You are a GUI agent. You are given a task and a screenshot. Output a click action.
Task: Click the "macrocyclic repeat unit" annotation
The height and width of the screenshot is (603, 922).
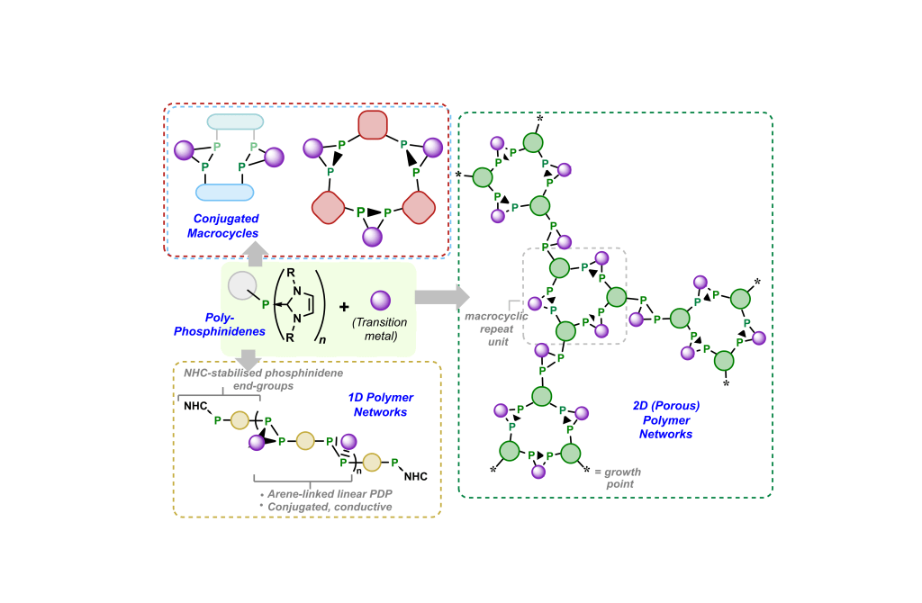[x=490, y=328]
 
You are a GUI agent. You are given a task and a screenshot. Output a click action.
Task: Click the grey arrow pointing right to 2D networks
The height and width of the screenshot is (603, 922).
[x=442, y=296]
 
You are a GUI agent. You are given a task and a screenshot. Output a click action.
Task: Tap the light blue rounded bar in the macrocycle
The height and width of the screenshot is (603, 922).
[x=224, y=191]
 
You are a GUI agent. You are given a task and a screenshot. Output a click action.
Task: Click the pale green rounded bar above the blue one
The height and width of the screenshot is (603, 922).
[x=235, y=121]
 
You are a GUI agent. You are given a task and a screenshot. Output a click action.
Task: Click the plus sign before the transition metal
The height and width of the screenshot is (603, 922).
[x=344, y=306]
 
